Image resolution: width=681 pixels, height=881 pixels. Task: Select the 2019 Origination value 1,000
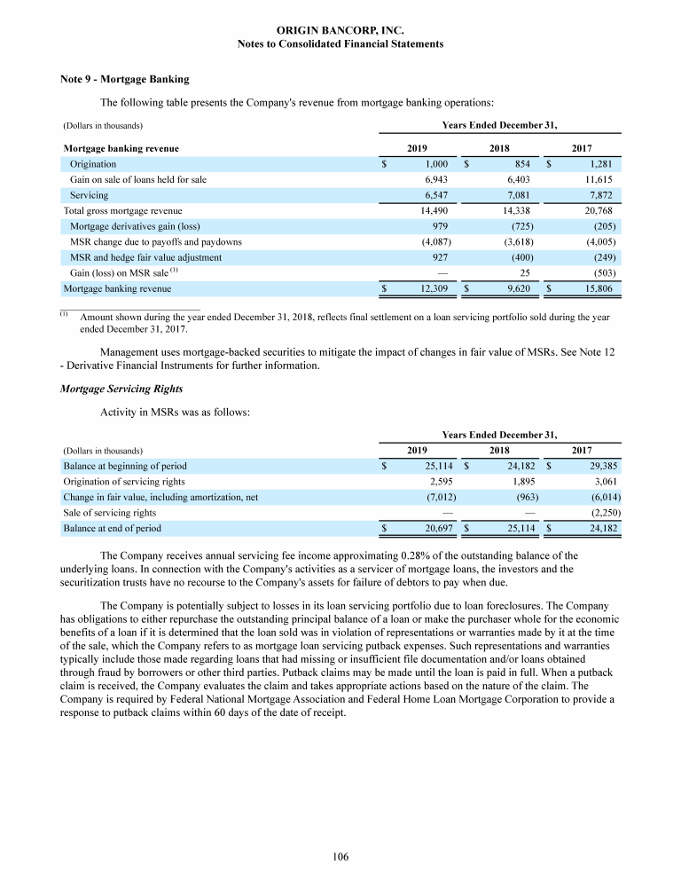441,164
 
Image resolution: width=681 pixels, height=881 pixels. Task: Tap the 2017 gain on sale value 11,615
598,179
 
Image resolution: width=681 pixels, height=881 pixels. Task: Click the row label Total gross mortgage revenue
122,210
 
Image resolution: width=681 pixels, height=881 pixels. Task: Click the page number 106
340,856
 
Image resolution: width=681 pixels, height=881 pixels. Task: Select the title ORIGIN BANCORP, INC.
340,29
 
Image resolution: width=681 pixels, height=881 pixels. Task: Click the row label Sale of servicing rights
109,513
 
